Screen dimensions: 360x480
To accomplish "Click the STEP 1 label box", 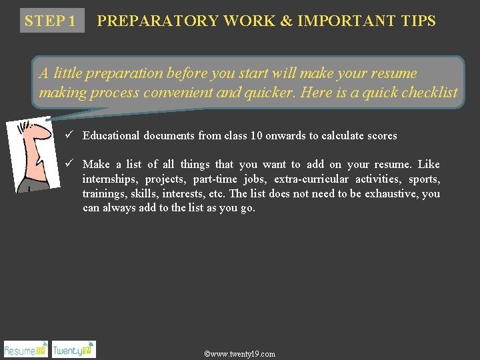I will pyautogui.click(x=51, y=21).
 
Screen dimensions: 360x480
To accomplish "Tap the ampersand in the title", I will pyautogui.click(x=286, y=21).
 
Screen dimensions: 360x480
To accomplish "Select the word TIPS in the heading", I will pyautogui.click(x=419, y=21).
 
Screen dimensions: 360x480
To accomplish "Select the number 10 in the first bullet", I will pyautogui.click(x=257, y=136).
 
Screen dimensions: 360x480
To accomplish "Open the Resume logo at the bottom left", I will pyautogui.click(x=25, y=349).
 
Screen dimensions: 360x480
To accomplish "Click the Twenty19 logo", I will pyautogui.click(x=73, y=349).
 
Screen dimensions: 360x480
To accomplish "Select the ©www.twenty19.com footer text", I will pyautogui.click(x=239, y=354).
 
